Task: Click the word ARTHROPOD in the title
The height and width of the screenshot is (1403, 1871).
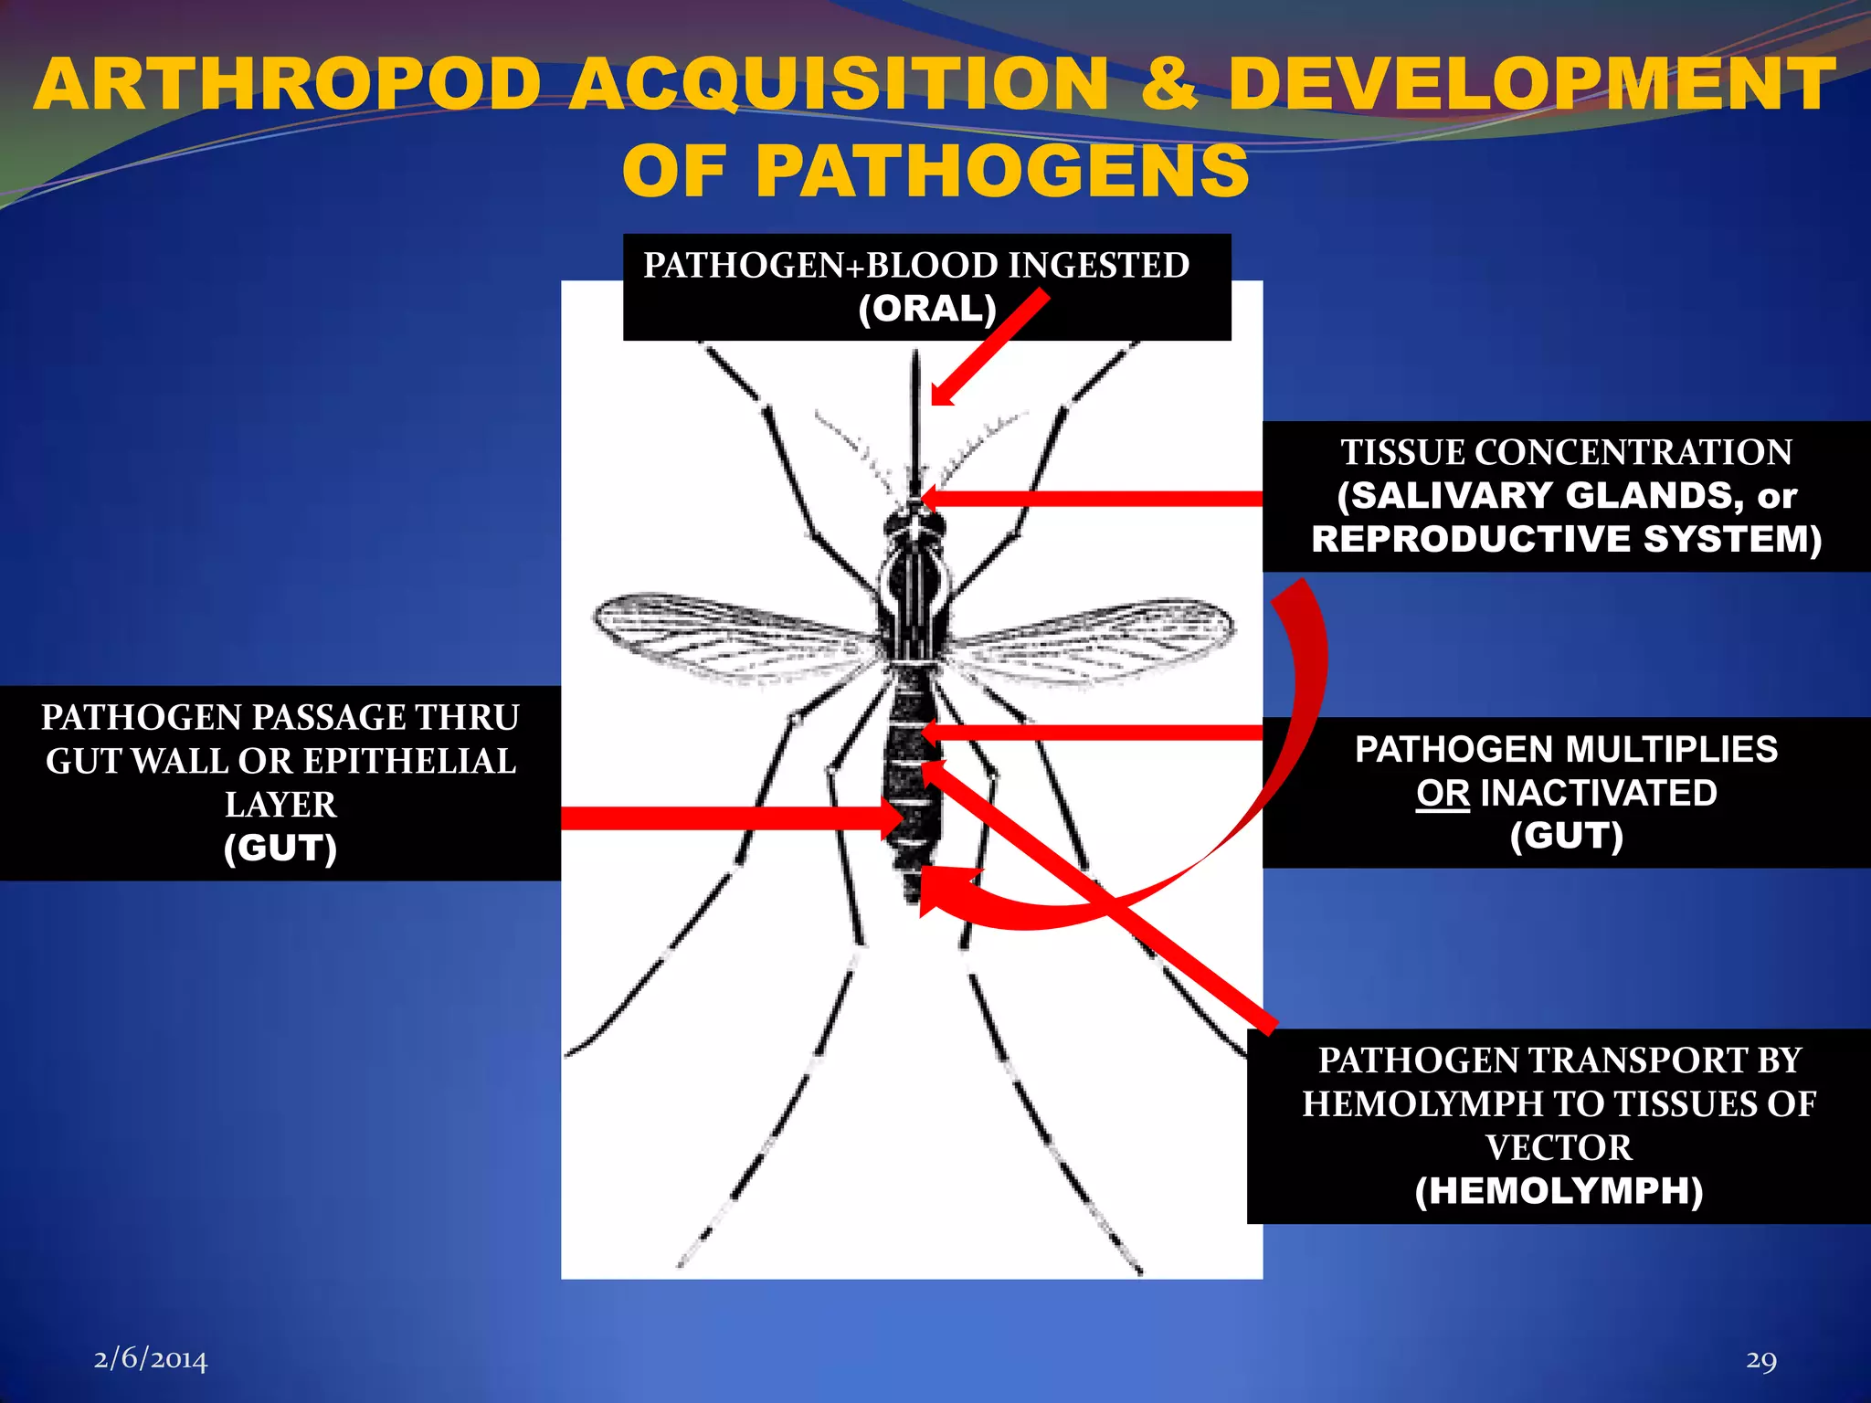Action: (288, 85)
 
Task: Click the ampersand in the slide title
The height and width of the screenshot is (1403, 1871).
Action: (1168, 85)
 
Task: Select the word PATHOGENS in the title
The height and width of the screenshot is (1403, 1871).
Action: (1001, 171)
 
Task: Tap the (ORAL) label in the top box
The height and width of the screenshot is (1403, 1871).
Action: (926, 309)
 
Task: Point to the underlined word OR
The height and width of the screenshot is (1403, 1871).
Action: (1443, 793)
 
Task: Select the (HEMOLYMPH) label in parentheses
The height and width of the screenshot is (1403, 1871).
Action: (1559, 1190)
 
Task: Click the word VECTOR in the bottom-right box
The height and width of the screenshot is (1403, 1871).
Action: (1559, 1147)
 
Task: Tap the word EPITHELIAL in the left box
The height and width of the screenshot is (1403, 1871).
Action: (409, 761)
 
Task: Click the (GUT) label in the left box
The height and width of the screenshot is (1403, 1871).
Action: (280, 848)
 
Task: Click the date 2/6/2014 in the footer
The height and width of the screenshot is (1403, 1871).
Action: (151, 1360)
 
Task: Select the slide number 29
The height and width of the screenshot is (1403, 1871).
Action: (1760, 1360)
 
